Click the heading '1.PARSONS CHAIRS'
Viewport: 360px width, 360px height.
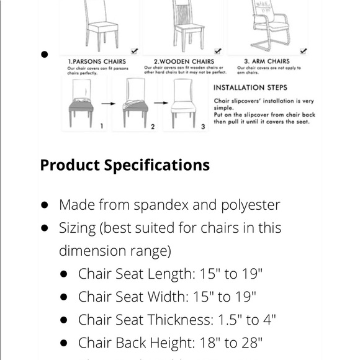96,61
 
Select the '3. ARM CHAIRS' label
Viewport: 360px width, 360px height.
266,61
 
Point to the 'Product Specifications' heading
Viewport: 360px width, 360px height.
125,165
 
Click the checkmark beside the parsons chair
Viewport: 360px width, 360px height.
135,51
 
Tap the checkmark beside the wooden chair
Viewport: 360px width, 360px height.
217,51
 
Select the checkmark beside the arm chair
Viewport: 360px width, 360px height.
303,51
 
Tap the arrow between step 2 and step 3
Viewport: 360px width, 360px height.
159,103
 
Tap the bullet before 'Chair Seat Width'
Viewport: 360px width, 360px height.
64,297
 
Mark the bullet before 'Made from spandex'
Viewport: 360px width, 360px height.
45,205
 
